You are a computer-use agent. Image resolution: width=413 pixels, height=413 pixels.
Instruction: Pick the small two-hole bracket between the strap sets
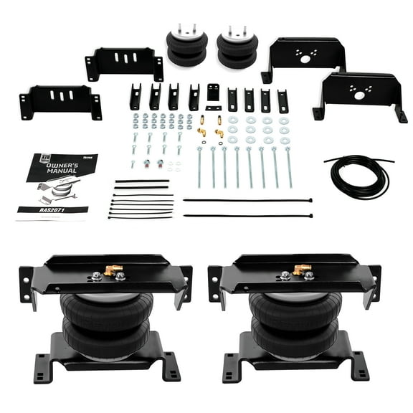pos(213,93)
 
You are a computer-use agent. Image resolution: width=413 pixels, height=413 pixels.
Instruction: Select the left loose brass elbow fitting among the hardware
pos(202,130)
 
